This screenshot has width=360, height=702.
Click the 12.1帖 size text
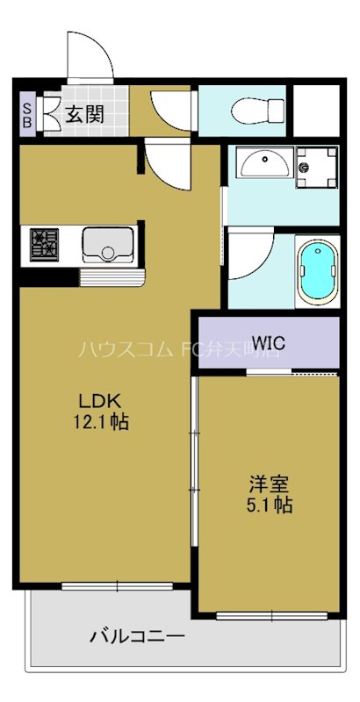[x=101, y=422]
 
